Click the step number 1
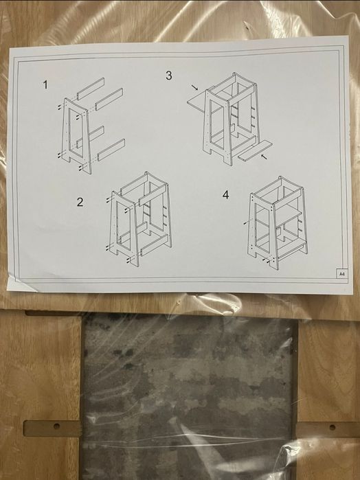coord(45,84)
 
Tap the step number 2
coord(80,202)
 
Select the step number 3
coord(169,76)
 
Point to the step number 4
coord(226,195)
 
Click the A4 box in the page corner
coord(342,274)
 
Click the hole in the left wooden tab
coord(56,426)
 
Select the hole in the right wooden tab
coord(333,427)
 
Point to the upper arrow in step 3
coord(194,87)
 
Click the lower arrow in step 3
coord(264,157)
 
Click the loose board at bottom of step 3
coord(255,150)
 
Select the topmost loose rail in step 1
coord(91,89)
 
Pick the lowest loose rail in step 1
coord(111,150)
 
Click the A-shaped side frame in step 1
coord(76,135)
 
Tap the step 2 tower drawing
coord(140,219)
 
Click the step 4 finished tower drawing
coord(278,223)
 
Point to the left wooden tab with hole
coord(52,428)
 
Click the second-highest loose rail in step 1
coord(109,99)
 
